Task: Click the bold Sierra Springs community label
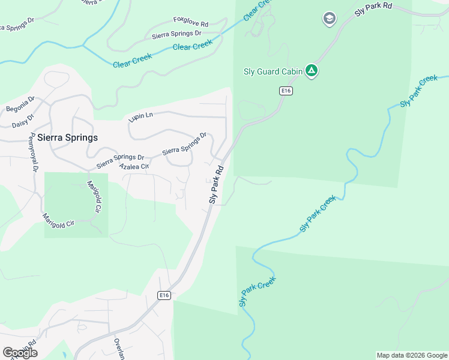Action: pyautogui.click(x=67, y=137)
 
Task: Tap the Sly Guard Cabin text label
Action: pyautogui.click(x=273, y=71)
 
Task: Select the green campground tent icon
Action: pyautogui.click(x=312, y=71)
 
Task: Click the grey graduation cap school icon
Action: pyautogui.click(x=329, y=19)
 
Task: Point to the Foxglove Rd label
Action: pyautogui.click(x=190, y=23)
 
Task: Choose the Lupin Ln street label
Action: pyautogui.click(x=141, y=116)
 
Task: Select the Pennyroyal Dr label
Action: pyautogui.click(x=34, y=153)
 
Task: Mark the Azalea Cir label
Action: pyautogui.click(x=134, y=166)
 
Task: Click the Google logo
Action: pyautogui.click(x=19, y=352)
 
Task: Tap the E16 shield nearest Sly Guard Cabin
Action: pyautogui.click(x=285, y=91)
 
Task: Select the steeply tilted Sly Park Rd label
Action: pyautogui.click(x=216, y=184)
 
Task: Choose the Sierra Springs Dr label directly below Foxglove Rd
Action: pyautogui.click(x=176, y=35)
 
